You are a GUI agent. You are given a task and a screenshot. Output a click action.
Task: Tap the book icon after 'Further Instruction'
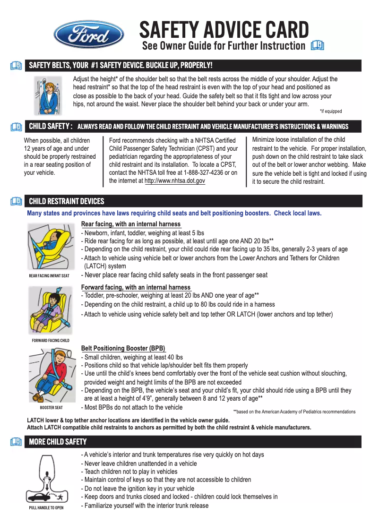point(318,46)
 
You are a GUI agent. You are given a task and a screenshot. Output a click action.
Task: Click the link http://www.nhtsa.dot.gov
point(174,181)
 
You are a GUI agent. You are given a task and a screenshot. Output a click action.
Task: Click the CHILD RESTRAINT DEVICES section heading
point(67,201)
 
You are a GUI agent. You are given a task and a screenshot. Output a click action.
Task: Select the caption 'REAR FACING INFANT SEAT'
point(49,276)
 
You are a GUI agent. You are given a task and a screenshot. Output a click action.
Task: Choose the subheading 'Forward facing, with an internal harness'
point(136,287)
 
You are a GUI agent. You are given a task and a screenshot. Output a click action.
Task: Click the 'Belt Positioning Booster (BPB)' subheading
point(123,349)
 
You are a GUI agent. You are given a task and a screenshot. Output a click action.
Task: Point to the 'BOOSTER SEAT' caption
point(51,408)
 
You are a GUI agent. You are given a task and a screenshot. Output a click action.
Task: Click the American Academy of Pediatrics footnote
point(294,412)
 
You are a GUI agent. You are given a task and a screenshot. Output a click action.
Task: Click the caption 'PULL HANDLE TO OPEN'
point(46,508)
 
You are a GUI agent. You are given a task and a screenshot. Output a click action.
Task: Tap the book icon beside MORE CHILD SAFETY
point(17,442)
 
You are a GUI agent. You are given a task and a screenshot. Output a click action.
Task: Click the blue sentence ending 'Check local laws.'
point(174,213)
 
